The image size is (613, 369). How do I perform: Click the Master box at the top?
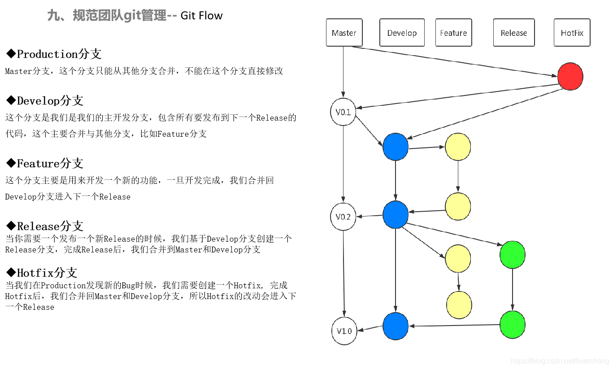coord(344,33)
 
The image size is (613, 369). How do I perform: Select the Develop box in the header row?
coord(402,33)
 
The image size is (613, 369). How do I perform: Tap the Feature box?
coord(453,33)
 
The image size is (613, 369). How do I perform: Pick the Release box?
coord(514,33)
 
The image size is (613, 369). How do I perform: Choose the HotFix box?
coord(572,33)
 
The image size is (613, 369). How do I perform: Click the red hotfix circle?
coord(570,77)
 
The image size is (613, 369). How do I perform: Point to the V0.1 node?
coord(343,112)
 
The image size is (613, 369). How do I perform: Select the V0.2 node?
coord(343,217)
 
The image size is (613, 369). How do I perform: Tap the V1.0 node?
coord(344,331)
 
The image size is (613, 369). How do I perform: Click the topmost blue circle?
coord(396,147)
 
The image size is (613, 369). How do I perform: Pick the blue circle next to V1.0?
coord(396,326)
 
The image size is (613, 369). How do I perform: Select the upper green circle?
coord(513,255)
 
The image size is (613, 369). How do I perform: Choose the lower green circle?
coord(513,325)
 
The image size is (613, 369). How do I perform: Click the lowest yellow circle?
coord(459,305)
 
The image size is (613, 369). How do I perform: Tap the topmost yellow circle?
coord(458,147)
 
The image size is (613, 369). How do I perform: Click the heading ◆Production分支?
coord(53,54)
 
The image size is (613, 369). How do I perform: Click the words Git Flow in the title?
coord(201,16)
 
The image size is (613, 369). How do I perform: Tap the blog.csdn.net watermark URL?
coord(560,361)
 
